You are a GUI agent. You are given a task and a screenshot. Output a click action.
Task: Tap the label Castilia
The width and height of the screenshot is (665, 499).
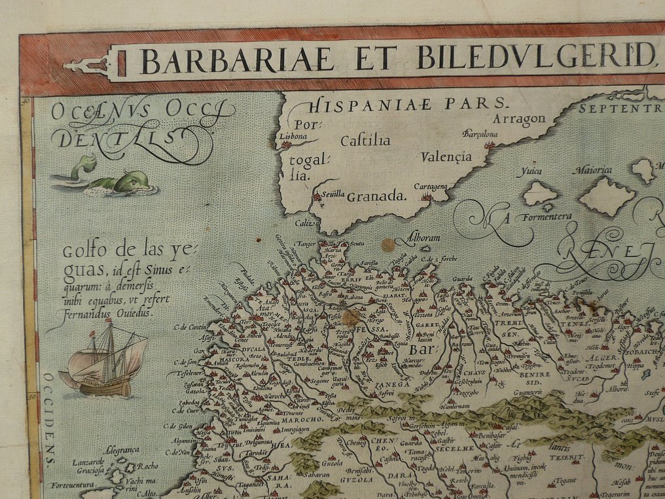(x=365, y=141)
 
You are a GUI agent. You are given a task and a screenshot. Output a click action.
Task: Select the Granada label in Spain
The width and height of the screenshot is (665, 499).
(x=376, y=196)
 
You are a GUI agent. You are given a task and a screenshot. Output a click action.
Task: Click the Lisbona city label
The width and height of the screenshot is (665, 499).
(x=293, y=137)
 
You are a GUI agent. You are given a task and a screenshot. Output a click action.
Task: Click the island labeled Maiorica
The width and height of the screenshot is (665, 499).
(x=592, y=171)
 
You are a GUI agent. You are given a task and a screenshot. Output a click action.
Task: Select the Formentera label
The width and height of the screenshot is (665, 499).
(x=547, y=216)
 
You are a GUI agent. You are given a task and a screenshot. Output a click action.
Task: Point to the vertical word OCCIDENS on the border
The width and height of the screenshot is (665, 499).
(x=50, y=420)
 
